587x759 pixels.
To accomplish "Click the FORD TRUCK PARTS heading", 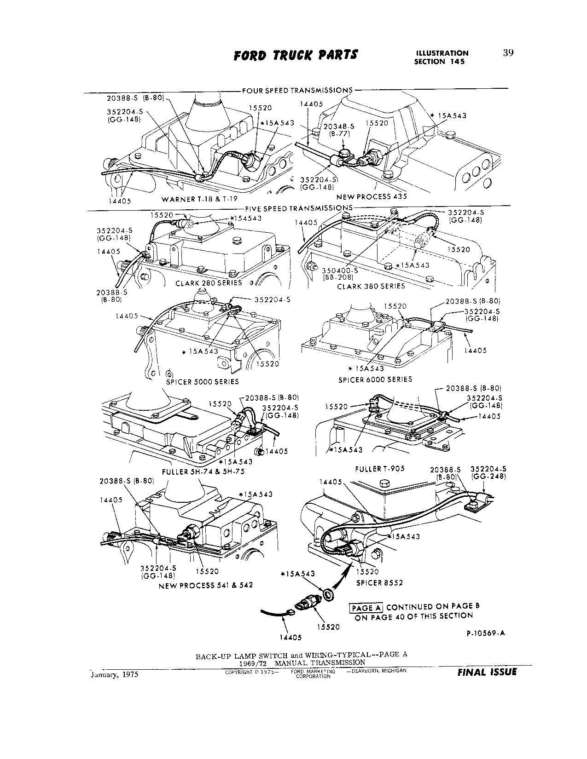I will tap(295, 55).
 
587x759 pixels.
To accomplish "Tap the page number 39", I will tap(508, 52).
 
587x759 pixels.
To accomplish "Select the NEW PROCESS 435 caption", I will tap(372, 196).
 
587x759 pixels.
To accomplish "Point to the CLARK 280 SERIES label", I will tap(209, 283).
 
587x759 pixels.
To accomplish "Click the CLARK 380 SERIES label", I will tap(371, 286).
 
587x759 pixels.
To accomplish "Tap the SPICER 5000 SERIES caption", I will tap(203, 381).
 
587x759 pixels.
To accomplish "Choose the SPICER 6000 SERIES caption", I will tap(375, 379).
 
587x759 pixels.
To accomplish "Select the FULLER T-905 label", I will tap(380, 469).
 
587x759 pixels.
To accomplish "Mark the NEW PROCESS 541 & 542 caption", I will tap(205, 586).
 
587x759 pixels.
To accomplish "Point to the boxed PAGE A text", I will tap(366, 608).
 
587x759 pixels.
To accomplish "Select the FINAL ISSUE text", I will tap(487, 672).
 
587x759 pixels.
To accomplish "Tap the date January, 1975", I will tap(111, 675).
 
